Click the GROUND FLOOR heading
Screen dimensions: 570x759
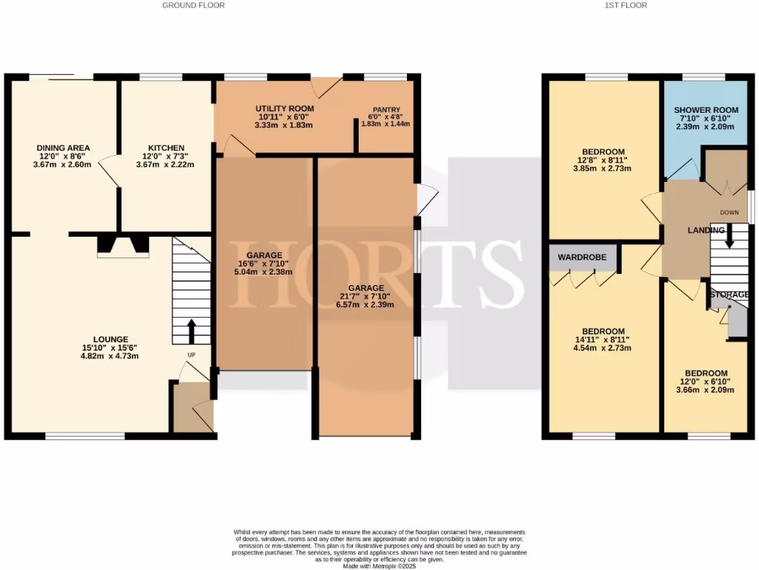click(193, 5)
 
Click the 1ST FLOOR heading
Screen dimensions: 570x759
click(626, 5)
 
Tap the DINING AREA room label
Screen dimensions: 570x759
click(64, 148)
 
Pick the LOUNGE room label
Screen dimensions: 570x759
click(110, 339)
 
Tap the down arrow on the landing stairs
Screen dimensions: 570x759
click(729, 238)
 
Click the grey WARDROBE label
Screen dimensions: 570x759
click(583, 257)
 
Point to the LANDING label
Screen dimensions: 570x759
click(706, 231)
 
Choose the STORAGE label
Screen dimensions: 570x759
click(729, 295)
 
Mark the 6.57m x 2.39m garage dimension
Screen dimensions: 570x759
click(366, 305)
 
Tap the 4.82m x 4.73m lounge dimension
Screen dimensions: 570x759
click(110, 356)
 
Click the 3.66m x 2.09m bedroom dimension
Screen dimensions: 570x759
click(706, 390)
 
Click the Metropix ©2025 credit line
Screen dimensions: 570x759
click(379, 566)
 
